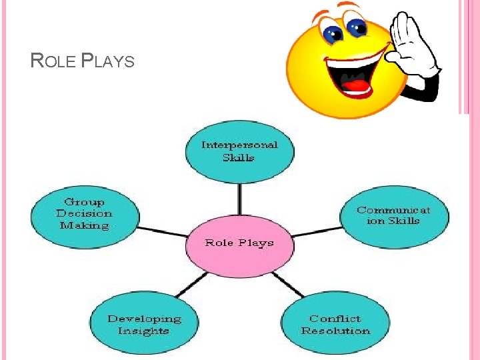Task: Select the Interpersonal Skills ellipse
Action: point(239,151)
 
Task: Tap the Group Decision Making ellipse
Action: point(85,214)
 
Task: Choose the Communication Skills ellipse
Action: point(393,215)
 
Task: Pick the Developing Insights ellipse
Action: point(144,325)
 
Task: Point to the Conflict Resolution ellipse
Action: point(335,325)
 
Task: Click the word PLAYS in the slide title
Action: point(107,62)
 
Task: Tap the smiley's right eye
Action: point(357,27)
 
